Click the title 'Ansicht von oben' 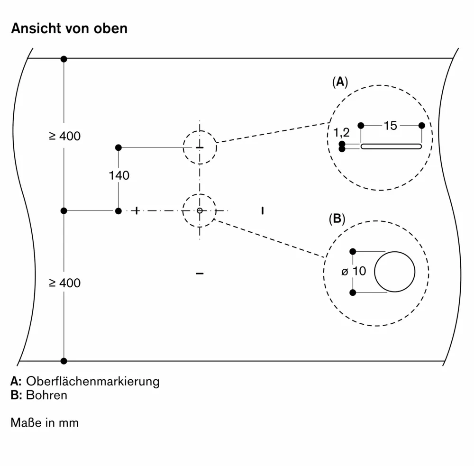click(69, 28)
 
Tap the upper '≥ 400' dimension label click(64, 137)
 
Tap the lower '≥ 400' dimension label click(64, 283)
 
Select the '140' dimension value click(119, 176)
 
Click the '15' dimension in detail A click(390, 126)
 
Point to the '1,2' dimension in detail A click(341, 133)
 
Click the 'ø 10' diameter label click(354, 271)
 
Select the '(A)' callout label click(340, 82)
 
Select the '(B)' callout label click(337, 219)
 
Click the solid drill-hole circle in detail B click(394, 272)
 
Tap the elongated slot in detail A click(391, 146)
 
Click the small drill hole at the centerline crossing click(200, 210)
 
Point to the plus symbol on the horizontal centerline click(137, 210)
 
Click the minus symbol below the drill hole click(200, 274)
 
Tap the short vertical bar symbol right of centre click(262, 210)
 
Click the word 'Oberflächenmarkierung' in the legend click(92, 381)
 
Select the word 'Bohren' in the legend click(47, 395)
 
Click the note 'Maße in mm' click(45, 422)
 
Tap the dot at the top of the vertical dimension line click(64, 59)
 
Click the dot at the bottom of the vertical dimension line click(64, 361)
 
